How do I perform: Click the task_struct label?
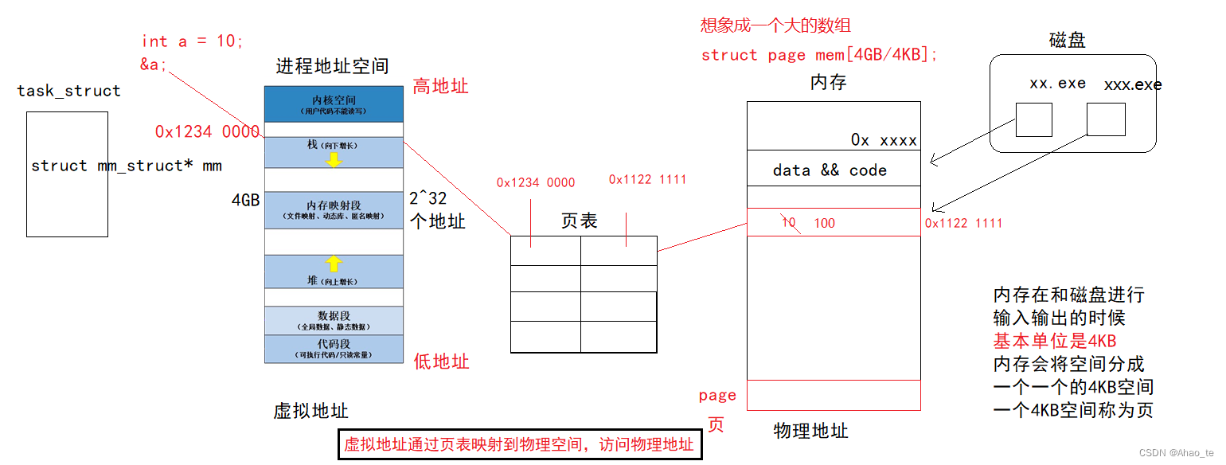tap(68, 91)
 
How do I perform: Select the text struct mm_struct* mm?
tap(126, 166)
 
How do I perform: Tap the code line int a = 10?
tap(192, 41)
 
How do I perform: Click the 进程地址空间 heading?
tap(332, 66)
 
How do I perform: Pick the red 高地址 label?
tap(440, 86)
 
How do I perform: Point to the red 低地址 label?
tap(441, 361)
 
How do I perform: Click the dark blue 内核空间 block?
tap(334, 104)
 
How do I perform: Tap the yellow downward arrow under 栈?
tap(334, 160)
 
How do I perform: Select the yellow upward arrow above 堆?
tap(334, 264)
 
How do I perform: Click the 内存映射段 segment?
tap(334, 210)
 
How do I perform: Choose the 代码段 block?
tap(334, 349)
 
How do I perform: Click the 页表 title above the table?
tap(579, 221)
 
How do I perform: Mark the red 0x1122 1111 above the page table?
tap(647, 180)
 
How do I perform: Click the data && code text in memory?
tap(830, 170)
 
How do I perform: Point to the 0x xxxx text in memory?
tap(884, 140)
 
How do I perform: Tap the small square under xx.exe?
tap(1033, 119)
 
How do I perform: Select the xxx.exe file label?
tap(1132, 84)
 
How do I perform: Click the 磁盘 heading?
tap(1067, 41)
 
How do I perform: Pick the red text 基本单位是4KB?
tap(1054, 341)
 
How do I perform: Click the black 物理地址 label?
tap(810, 431)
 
